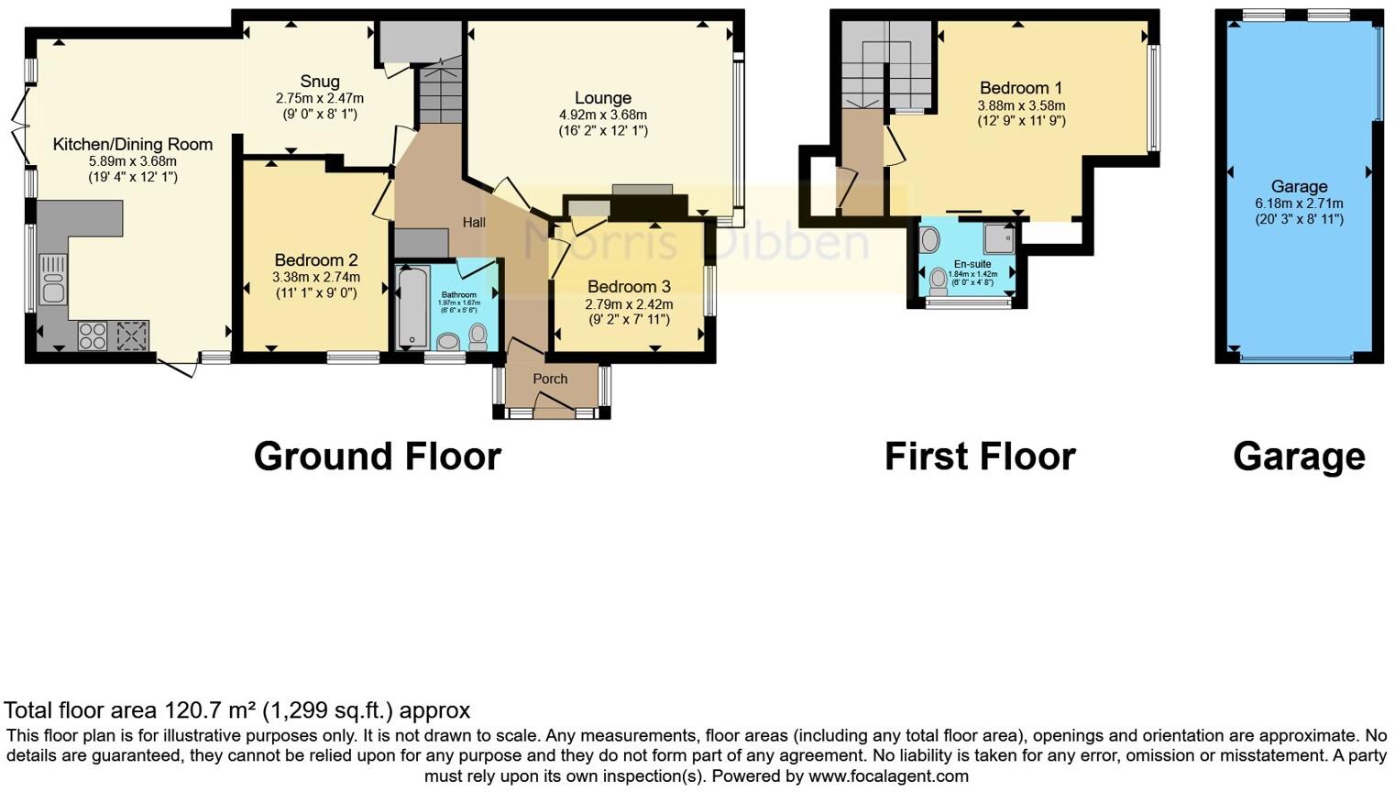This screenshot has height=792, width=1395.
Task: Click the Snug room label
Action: (x=319, y=82)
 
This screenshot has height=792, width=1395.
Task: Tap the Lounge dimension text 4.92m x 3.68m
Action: (x=603, y=115)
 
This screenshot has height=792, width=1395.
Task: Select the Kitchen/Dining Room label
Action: (x=132, y=144)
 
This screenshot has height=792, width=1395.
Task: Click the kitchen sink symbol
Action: (x=52, y=278)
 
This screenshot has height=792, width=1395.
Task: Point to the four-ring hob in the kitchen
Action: (x=93, y=335)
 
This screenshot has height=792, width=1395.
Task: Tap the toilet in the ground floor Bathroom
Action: (x=478, y=336)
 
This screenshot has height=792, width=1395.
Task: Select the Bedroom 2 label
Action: (x=315, y=259)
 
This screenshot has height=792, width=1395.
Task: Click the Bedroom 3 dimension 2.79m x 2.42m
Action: (x=629, y=303)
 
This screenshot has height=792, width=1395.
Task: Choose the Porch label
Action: (x=550, y=379)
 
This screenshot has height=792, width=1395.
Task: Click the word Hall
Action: (x=474, y=222)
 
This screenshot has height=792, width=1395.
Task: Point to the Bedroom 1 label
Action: (x=1020, y=88)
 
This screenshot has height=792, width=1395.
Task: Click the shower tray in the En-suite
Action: (x=999, y=239)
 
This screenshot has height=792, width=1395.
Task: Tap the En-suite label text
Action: (x=972, y=264)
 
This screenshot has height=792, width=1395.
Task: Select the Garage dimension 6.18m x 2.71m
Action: (x=1299, y=203)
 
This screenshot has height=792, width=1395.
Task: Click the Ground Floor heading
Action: (x=377, y=456)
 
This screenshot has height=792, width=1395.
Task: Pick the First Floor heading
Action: (x=979, y=456)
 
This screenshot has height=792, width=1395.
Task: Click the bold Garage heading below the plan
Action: (x=1298, y=456)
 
